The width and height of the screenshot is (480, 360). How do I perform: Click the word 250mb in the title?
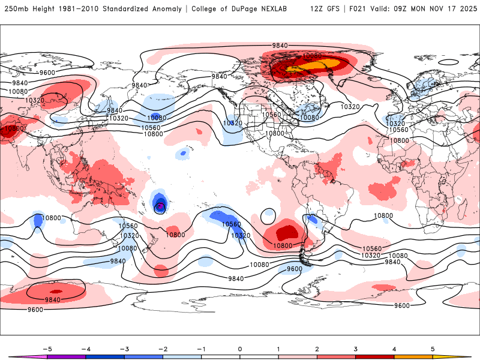[16, 9]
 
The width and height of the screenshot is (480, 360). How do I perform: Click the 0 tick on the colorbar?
[240, 348]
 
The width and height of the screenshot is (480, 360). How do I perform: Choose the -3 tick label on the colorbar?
[124, 348]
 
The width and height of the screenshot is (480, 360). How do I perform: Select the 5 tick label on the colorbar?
[433, 348]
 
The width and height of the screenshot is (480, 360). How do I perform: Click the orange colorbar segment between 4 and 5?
[413, 357]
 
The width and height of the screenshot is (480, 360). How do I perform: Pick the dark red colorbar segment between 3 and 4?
[375, 357]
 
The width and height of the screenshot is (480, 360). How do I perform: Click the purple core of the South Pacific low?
[160, 207]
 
